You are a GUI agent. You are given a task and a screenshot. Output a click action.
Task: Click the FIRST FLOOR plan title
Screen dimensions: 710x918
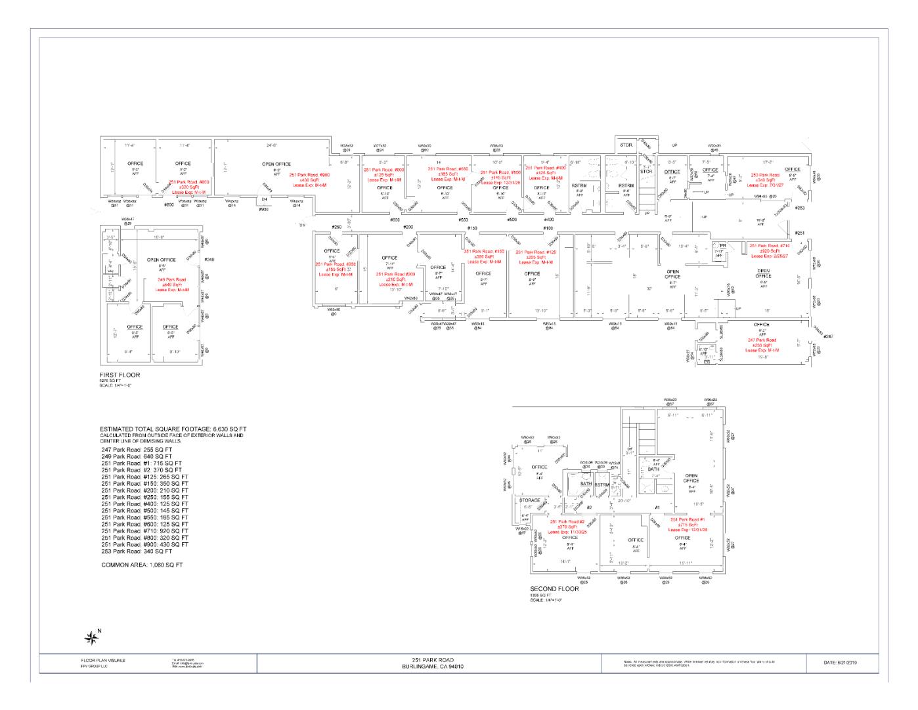120,375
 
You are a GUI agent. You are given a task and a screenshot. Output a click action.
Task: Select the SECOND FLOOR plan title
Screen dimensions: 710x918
554,589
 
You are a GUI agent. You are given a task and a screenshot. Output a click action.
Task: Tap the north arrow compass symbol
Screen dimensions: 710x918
91,636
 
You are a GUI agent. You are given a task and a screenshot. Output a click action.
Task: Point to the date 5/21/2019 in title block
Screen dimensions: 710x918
841,663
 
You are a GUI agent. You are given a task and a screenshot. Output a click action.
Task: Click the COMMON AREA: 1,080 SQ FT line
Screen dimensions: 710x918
142,565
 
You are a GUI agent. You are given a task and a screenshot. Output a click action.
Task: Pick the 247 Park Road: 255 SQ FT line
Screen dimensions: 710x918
137,450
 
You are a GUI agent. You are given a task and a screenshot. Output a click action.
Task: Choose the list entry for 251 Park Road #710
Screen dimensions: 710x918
144,531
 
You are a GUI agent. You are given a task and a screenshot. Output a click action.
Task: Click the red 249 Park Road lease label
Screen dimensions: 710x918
172,284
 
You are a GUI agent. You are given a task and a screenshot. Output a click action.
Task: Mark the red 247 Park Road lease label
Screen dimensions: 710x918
762,345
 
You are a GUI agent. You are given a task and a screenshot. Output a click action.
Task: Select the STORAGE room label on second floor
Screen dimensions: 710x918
530,500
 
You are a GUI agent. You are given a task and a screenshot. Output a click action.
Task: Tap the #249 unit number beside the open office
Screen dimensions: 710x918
209,260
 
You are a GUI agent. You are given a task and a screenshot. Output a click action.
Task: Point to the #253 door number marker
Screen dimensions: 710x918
799,208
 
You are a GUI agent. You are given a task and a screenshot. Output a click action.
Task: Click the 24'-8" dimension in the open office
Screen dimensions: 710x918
272,145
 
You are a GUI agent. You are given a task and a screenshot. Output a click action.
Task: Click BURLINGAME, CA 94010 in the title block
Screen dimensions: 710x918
433,667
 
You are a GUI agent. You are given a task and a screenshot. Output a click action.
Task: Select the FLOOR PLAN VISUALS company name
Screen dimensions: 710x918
103,660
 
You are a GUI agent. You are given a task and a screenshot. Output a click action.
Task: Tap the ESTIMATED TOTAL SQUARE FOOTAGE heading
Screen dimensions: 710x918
173,429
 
